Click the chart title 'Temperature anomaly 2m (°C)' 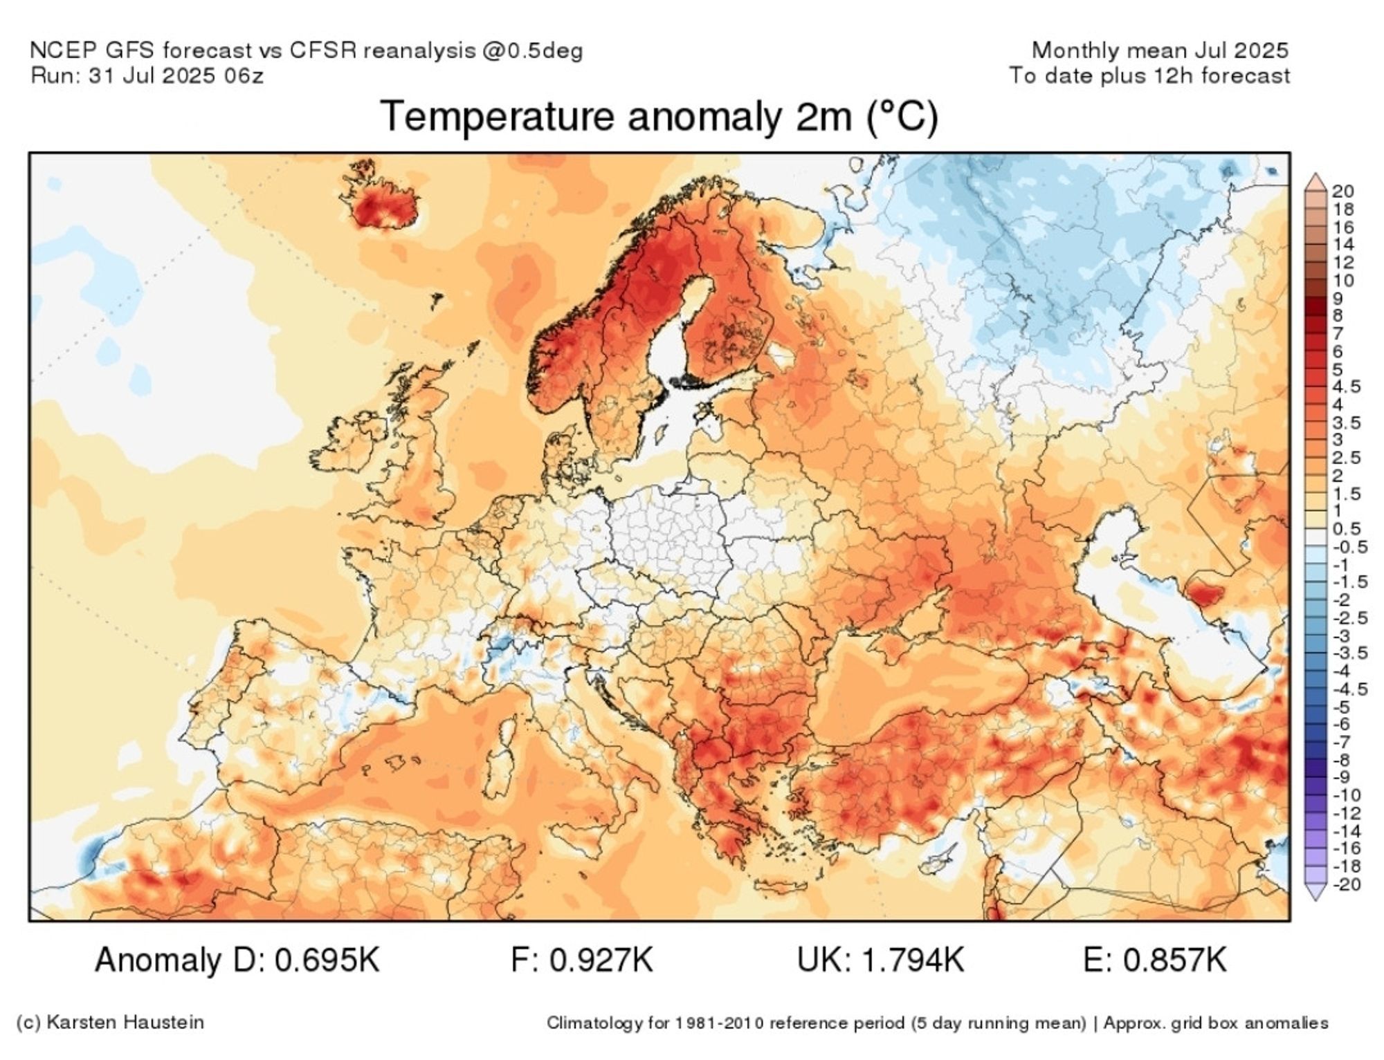point(659,116)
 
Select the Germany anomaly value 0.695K point(327,960)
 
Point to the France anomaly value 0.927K point(601,960)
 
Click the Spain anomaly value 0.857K point(1174,960)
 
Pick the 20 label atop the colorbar point(1342,191)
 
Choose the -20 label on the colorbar point(1346,884)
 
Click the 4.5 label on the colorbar point(1346,386)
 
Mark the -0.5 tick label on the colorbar point(1349,547)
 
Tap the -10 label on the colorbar point(1346,795)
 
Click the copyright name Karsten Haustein point(125,1022)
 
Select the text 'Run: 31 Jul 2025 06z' point(147,75)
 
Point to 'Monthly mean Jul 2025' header point(1160,50)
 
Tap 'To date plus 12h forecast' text point(1149,75)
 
